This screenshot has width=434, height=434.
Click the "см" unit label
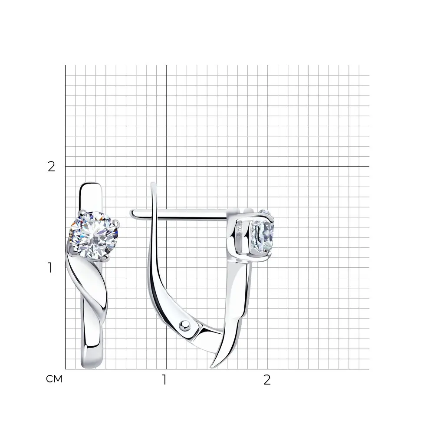[x=54, y=379]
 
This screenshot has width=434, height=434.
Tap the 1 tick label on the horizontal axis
[x=164, y=380]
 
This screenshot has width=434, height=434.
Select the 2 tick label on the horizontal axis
[x=267, y=380]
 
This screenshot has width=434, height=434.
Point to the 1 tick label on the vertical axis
[x=50, y=267]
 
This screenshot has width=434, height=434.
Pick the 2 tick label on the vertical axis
[x=52, y=166]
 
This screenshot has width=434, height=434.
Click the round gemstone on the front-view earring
[x=93, y=236]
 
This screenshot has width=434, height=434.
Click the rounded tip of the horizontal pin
[x=132, y=214]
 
